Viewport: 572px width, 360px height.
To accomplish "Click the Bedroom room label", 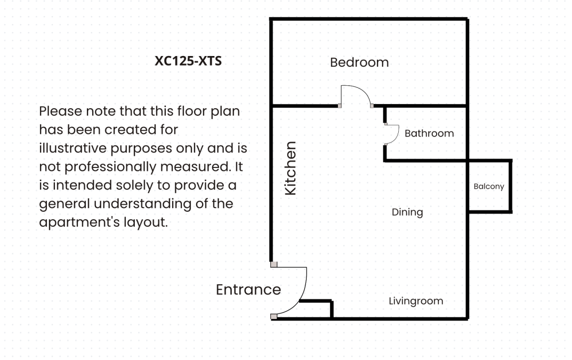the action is [359, 62].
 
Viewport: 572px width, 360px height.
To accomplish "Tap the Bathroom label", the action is [429, 133].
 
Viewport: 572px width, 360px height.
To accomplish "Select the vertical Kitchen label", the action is [291, 169].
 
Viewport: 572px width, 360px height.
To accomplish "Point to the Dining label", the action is [407, 212].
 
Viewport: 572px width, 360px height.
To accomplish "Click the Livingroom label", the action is [416, 301].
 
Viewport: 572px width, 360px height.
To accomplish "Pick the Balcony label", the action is [489, 186].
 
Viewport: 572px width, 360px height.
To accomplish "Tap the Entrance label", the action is [248, 290].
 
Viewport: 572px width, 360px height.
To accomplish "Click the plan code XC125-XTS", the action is [188, 61].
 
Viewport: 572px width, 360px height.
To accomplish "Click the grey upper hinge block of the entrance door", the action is [273, 265].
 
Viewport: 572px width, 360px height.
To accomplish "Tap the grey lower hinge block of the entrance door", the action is [273, 316].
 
